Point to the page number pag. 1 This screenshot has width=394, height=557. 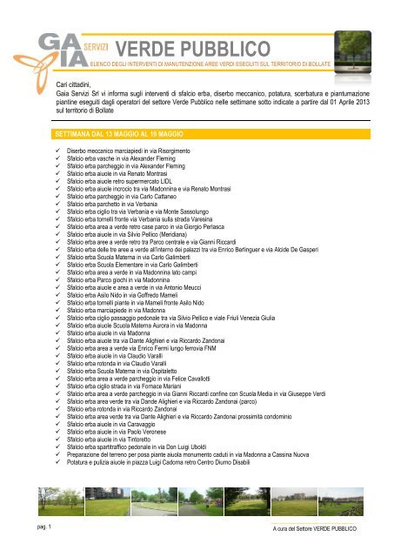click(x=36, y=529)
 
